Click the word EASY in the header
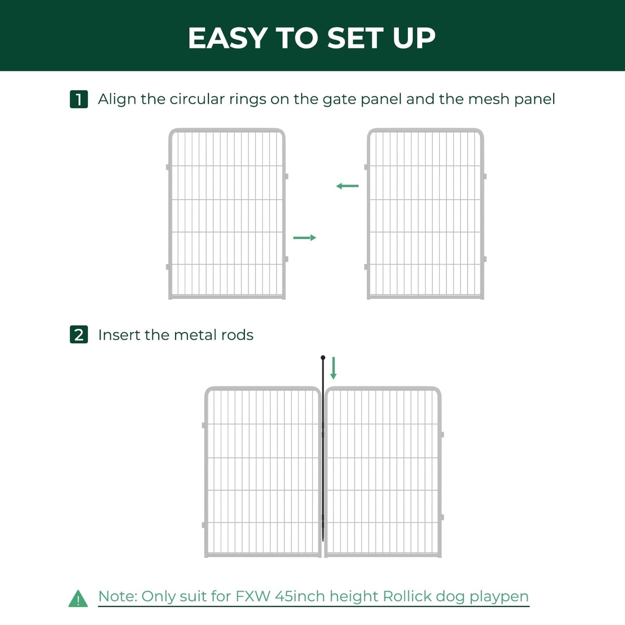(x=228, y=38)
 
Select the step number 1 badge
(x=79, y=99)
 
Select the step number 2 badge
(x=79, y=334)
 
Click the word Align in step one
(x=117, y=99)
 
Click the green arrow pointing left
(x=347, y=186)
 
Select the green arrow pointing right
(x=305, y=238)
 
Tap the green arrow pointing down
(x=333, y=368)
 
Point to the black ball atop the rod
(x=323, y=358)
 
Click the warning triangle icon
(x=78, y=598)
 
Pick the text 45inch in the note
(x=300, y=596)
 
